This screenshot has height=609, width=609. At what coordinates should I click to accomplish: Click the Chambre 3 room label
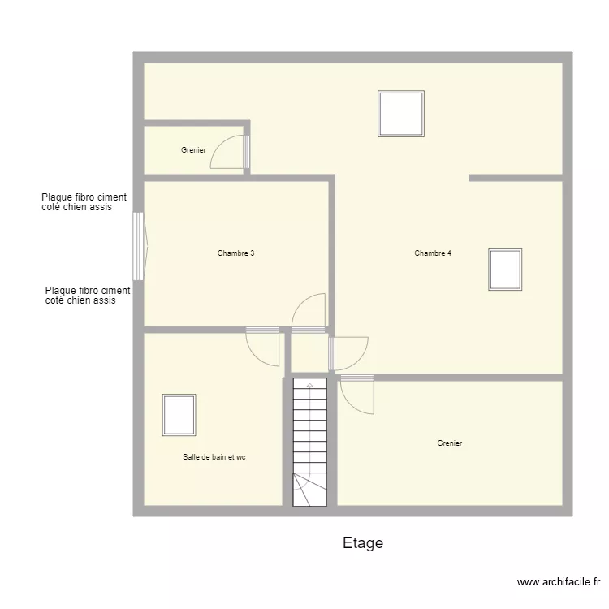[x=236, y=253]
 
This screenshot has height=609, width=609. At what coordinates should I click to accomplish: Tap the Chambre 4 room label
[x=433, y=253]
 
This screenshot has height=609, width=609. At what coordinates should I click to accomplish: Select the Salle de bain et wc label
[x=214, y=458]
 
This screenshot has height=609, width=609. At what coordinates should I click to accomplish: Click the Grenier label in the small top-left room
[x=193, y=150]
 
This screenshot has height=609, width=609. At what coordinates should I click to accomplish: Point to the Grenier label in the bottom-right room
[x=449, y=443]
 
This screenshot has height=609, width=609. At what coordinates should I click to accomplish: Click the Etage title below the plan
[x=363, y=543]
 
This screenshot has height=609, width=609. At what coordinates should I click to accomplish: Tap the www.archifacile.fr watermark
[x=559, y=582]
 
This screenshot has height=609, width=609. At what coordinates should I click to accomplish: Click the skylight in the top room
[x=401, y=114]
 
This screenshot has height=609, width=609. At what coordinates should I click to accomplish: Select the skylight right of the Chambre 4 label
[x=505, y=270]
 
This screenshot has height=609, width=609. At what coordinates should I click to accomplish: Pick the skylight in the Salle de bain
[x=179, y=415]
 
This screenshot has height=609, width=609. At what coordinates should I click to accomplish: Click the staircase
[x=309, y=442]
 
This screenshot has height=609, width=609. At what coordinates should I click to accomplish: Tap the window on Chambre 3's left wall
[x=139, y=247]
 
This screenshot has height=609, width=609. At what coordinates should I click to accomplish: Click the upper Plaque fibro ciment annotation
[x=84, y=202]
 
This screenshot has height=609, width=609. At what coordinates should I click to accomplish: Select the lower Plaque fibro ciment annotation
[x=88, y=296]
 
